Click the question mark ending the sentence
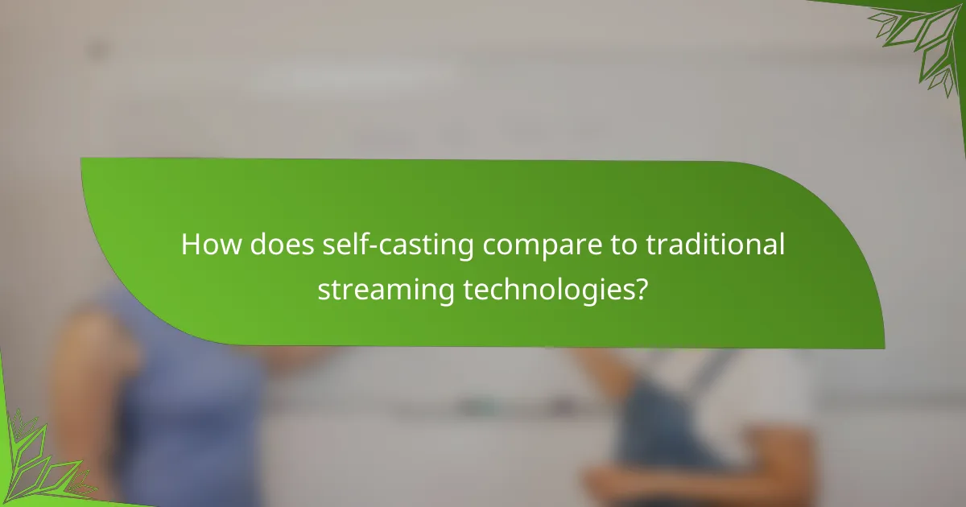click(641, 289)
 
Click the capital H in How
click(190, 245)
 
